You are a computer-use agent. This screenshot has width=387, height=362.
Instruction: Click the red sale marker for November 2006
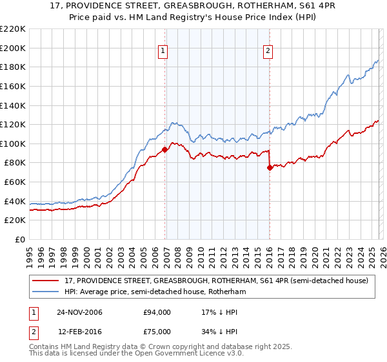(164, 149)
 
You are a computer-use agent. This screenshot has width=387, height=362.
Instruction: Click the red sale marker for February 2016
(270, 167)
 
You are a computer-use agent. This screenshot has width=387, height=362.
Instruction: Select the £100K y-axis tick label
(12, 144)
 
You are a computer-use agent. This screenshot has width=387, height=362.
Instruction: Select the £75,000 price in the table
(157, 331)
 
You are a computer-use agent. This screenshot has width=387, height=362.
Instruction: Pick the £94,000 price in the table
(157, 312)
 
